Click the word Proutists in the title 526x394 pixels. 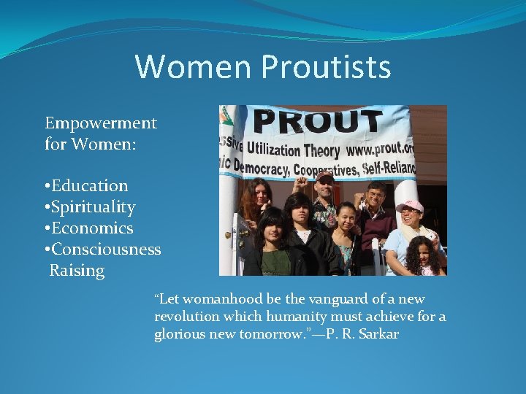click(325, 66)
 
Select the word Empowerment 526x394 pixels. click(101, 123)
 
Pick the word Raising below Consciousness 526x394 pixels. click(77, 271)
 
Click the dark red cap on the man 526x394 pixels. click(325, 177)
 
